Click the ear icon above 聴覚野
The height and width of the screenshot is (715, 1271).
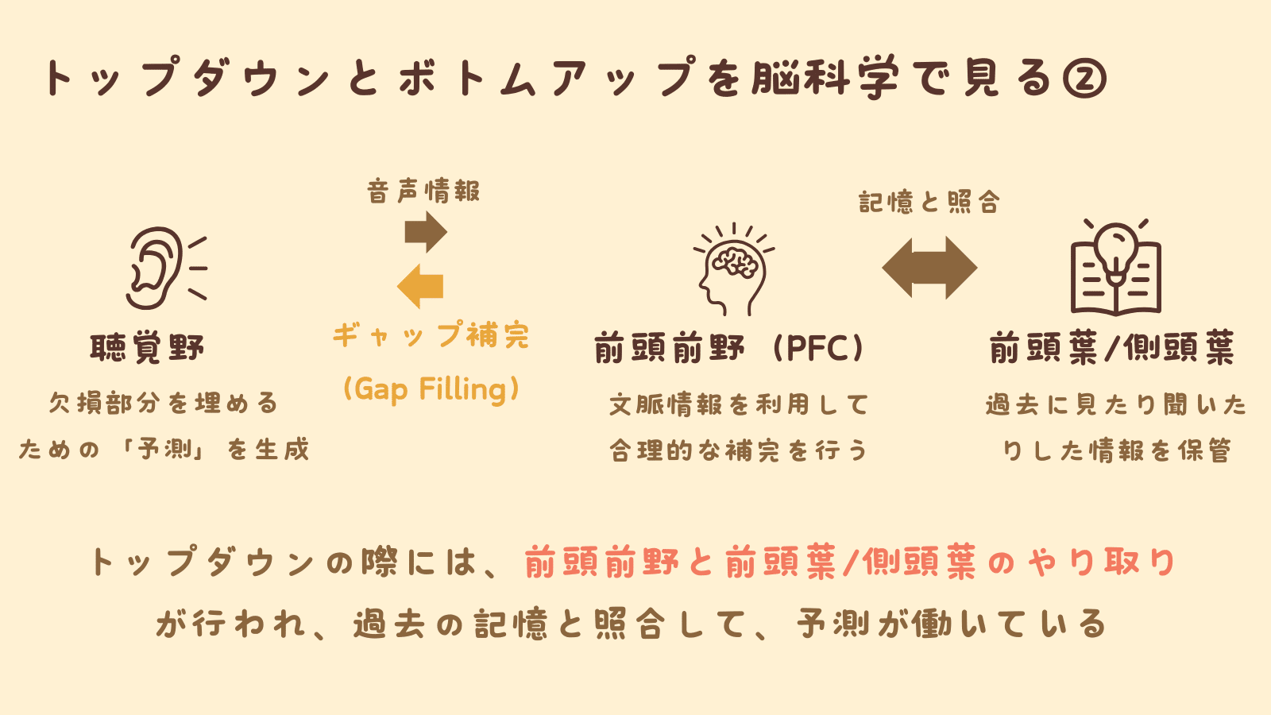(163, 268)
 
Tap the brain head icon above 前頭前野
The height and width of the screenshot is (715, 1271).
(733, 270)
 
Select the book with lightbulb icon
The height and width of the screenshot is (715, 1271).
(1115, 268)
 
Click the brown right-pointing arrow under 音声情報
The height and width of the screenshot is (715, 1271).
(426, 233)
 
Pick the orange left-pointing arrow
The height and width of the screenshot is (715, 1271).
(420, 286)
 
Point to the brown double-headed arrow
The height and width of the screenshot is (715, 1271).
(929, 268)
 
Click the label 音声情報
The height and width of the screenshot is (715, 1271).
(423, 191)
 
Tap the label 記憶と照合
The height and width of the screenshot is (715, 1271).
(929, 203)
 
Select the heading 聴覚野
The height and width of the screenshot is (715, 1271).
(148, 348)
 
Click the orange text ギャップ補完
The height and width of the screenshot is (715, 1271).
(431, 335)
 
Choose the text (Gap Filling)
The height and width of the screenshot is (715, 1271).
(431, 389)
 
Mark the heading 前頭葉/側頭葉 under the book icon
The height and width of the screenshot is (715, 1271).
(1112, 348)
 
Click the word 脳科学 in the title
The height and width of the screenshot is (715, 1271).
(825, 79)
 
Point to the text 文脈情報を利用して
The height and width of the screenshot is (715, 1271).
(739, 405)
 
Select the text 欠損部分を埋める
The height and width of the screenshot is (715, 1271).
(164, 404)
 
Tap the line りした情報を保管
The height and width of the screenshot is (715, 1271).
(1116, 451)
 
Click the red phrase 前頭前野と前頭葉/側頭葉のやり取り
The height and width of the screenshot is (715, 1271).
(849, 563)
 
